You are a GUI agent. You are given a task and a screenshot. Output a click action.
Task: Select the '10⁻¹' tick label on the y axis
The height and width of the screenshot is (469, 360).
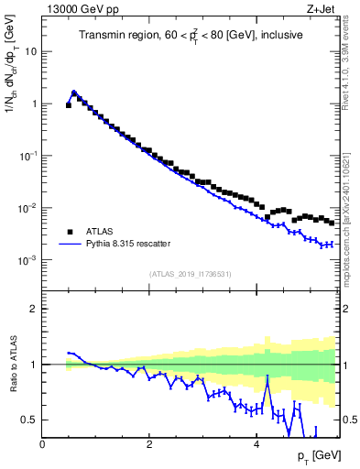coord(28,157)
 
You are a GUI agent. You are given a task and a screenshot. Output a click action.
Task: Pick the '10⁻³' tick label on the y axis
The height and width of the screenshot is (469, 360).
coord(28,261)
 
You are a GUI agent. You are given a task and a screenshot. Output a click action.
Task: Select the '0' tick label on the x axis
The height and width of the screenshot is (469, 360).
coord(42,444)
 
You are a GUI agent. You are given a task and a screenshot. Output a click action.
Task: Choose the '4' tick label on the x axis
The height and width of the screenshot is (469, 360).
coord(256,444)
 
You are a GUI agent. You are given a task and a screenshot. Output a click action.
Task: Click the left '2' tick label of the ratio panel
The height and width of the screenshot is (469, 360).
coord(34,309)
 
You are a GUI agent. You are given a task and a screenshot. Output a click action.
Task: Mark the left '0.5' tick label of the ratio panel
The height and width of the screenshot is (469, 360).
coord(30,420)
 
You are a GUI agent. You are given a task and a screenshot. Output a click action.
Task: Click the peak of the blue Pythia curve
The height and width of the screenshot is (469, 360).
coord(74,92)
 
